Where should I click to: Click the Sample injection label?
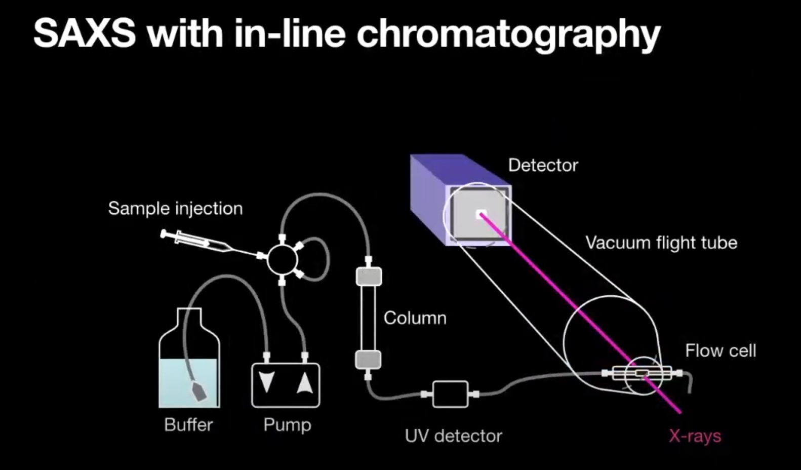point(175,208)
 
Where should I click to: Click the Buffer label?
point(188,424)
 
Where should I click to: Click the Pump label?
point(287,424)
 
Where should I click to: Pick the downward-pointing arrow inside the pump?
point(267,383)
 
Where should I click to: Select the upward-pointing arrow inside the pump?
point(305,383)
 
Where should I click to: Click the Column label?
point(415,318)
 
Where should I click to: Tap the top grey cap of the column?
point(369,277)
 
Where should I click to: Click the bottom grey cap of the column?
point(368,360)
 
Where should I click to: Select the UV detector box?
point(450,394)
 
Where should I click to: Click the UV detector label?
point(453,436)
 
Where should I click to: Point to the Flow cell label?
point(720,350)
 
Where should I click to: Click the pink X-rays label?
point(695,436)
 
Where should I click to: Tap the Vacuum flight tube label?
point(661,243)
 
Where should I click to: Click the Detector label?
point(543,165)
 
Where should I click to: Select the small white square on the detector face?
point(480,214)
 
